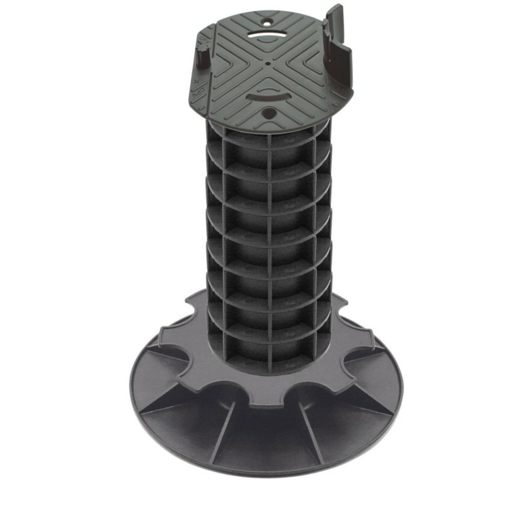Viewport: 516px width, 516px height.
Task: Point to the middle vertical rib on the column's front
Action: coord(270,248)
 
